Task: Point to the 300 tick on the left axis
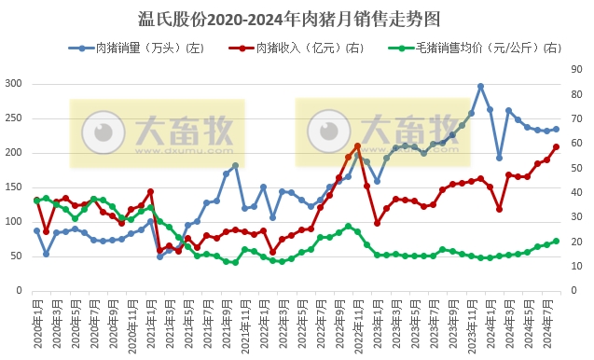pos(12,84)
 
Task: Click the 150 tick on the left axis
pos(12,187)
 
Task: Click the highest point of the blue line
pos(480,86)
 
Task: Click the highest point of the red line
pos(357,145)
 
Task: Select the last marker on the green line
pos(557,241)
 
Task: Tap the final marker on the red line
pos(557,146)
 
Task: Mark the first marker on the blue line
pos(36,230)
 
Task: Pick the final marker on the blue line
pos(557,130)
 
